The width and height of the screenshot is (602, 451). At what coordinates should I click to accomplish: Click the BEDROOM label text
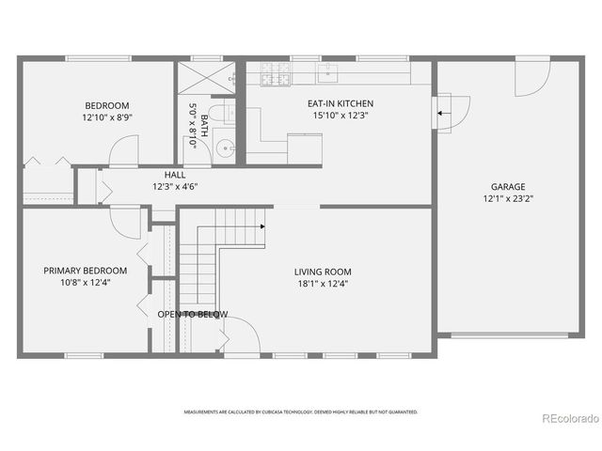[x=107, y=105]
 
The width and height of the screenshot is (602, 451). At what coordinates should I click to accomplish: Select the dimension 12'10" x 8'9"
[x=107, y=118]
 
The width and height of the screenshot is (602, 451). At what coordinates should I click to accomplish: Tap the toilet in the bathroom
[x=218, y=115]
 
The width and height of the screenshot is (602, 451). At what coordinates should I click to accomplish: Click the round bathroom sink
[x=224, y=148]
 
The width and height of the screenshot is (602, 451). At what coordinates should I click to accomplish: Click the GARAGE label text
[x=507, y=186]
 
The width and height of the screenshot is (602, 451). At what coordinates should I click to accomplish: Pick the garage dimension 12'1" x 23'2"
[x=507, y=199]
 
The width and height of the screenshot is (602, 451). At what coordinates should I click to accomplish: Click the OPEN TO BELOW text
[x=192, y=314]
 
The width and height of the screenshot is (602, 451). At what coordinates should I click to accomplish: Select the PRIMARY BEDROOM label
[x=85, y=271]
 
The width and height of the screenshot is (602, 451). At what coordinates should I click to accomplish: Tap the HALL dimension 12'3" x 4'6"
[x=175, y=186]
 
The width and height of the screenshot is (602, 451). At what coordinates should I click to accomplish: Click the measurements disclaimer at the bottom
[x=300, y=412]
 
